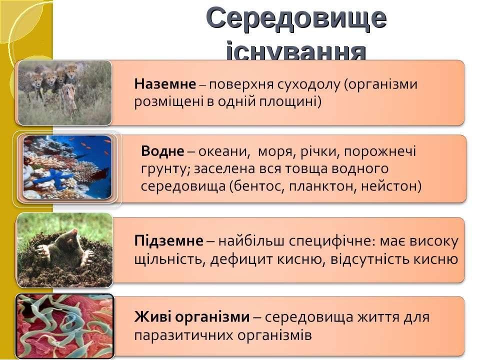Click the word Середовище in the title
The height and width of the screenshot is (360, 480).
click(x=296, y=18)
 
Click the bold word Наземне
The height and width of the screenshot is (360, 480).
click(x=165, y=84)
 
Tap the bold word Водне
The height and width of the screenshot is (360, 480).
click(x=162, y=151)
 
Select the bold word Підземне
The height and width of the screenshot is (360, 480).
click(x=168, y=241)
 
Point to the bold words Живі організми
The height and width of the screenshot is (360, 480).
click(x=192, y=317)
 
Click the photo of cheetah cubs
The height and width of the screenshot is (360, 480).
click(x=64, y=93)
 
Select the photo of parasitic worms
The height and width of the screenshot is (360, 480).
click(x=65, y=325)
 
